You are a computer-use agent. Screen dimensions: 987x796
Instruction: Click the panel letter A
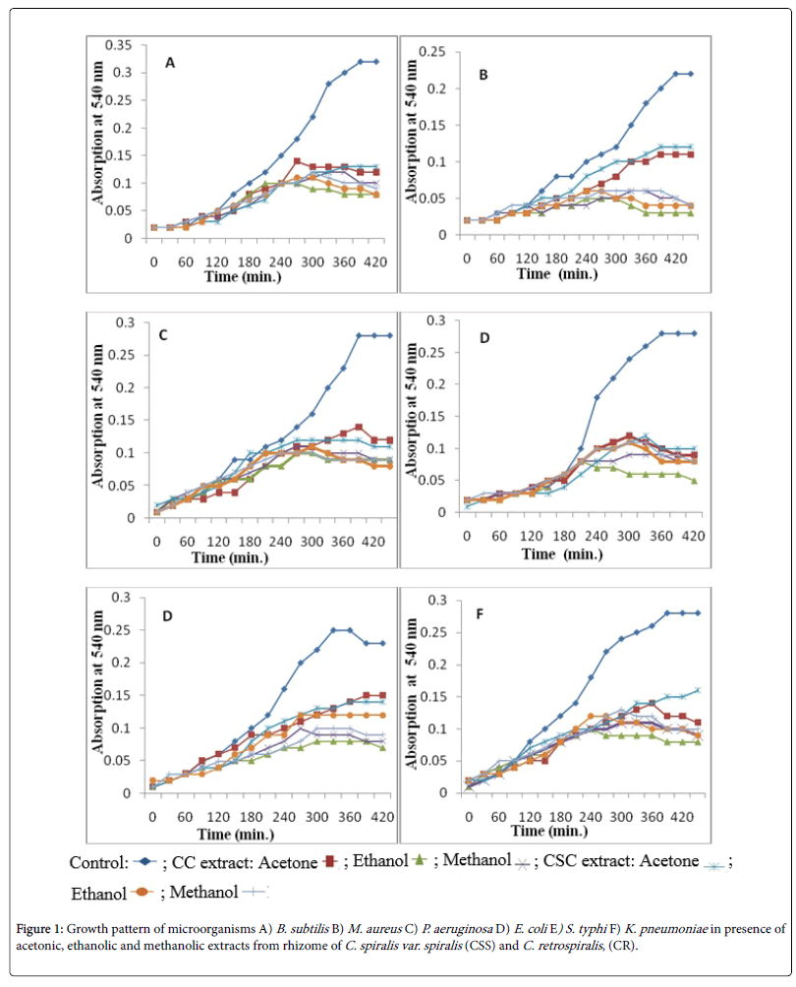point(170,63)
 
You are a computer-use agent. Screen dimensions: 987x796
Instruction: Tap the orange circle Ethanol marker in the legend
point(143,893)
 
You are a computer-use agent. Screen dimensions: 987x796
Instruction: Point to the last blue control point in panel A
point(375,61)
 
